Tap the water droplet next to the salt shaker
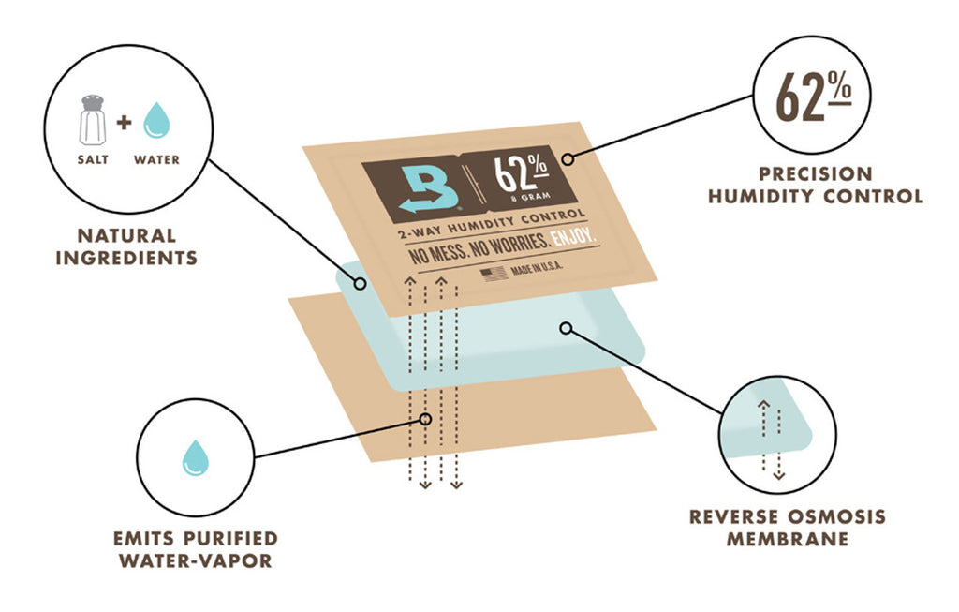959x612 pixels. coord(156,120)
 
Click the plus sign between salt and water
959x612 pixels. coord(125,123)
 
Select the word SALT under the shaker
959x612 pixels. coord(93,159)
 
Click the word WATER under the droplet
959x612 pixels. coord(156,159)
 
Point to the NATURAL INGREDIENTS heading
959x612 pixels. coord(126,246)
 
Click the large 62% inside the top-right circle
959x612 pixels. coord(813,97)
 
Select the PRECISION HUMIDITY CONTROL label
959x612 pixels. coord(816,185)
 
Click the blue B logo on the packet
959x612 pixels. coord(430,188)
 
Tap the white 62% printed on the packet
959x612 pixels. coord(521,172)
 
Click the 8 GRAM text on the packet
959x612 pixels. coord(531,197)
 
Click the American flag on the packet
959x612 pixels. coord(494,273)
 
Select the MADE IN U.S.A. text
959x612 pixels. coord(537,268)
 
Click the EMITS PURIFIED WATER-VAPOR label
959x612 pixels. coord(195,549)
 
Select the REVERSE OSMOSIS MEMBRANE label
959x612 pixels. coord(788,528)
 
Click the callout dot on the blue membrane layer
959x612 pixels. coord(567,329)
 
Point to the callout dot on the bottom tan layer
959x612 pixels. coord(426,419)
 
